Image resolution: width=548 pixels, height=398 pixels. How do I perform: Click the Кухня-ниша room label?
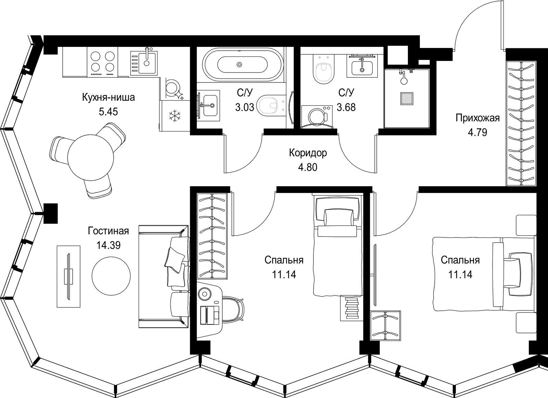(x=108, y=98)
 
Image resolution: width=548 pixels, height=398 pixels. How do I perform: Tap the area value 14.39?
(x=108, y=245)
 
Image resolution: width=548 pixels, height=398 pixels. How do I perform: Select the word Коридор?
(x=308, y=153)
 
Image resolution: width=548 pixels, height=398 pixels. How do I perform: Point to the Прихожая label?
(x=477, y=118)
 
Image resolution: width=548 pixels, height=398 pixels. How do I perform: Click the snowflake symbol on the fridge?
(x=175, y=116)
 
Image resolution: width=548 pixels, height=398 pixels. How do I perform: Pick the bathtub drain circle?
(x=239, y=65)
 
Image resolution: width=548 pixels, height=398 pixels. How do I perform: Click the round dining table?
(x=90, y=157)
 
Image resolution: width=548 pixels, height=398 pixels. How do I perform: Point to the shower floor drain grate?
(x=407, y=99)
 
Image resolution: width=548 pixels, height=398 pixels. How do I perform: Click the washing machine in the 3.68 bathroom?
(x=317, y=117)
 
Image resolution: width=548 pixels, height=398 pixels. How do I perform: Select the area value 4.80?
(x=308, y=167)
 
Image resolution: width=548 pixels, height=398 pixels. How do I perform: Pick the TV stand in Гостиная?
(x=68, y=276)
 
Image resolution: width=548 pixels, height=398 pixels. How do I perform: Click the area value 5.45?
(x=108, y=112)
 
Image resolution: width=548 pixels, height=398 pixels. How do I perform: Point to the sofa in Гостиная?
(x=164, y=276)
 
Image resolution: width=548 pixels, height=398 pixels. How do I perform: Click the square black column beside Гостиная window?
(x=51, y=214)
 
